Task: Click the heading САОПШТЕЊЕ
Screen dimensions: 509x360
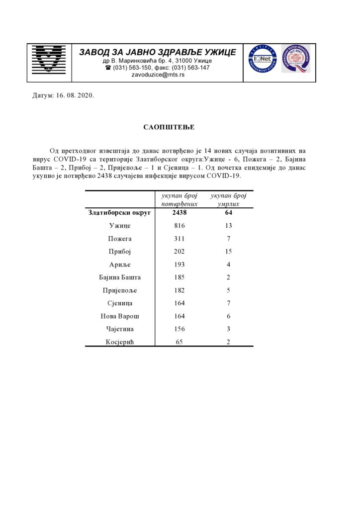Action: pyautogui.click(x=169, y=127)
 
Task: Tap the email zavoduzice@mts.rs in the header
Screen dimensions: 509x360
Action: pyautogui.click(x=157, y=75)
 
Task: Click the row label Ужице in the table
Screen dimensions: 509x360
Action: pyautogui.click(x=120, y=226)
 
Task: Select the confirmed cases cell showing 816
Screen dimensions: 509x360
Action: pyautogui.click(x=180, y=226)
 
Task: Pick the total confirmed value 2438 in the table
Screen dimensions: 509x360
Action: pyautogui.click(x=180, y=213)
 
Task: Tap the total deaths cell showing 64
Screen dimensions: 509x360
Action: pyautogui.click(x=229, y=213)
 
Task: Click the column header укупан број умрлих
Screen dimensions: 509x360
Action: pyautogui.click(x=229, y=200)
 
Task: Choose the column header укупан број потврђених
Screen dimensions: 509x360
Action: pyautogui.click(x=180, y=200)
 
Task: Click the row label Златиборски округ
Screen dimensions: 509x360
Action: pyautogui.click(x=120, y=213)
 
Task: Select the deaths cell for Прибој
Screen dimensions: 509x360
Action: pyautogui.click(x=229, y=252)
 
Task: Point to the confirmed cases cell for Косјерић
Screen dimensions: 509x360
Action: pyautogui.click(x=180, y=342)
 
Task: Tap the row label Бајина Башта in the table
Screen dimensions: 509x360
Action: pyautogui.click(x=120, y=277)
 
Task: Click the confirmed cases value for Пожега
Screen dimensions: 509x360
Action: pyautogui.click(x=180, y=239)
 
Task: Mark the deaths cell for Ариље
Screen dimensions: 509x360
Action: pyautogui.click(x=229, y=264)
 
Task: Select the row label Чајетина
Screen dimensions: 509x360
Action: pyautogui.click(x=120, y=329)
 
